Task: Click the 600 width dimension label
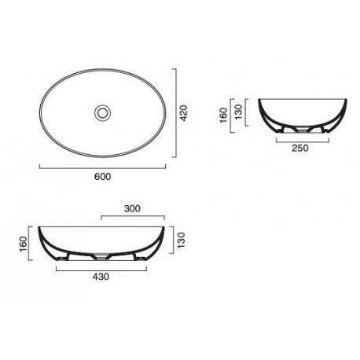(102, 177)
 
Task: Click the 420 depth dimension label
(184, 113)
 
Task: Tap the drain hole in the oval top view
(102, 113)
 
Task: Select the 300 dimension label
(132, 208)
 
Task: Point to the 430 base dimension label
(101, 277)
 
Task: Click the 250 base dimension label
(300, 148)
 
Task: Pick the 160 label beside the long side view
(24, 244)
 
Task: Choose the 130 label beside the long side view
(181, 240)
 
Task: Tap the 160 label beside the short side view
(223, 116)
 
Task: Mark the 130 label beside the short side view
(239, 112)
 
